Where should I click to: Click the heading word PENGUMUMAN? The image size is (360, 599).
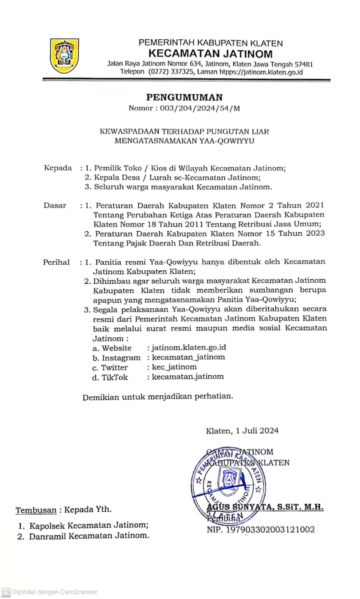coord(184,97)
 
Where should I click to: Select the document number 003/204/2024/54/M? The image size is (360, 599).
coord(200,109)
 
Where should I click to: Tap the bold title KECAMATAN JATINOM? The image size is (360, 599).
coord(210,54)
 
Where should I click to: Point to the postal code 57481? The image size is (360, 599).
coord(304,64)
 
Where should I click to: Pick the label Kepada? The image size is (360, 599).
coord(58,168)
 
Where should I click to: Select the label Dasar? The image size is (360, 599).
coord(55,205)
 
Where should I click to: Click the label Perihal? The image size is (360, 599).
coord(56,262)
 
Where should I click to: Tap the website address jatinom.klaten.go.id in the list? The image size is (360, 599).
coord(189,347)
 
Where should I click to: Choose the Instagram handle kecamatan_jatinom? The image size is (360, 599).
coord(188,357)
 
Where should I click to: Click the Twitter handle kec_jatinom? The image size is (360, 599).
coord(174,367)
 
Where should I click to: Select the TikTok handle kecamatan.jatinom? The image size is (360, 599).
coord(188,377)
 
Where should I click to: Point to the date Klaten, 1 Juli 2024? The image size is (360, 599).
coord(242,431)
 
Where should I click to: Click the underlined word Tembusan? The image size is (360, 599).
coord(36,510)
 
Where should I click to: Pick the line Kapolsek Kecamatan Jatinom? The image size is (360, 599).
coord(89,525)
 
